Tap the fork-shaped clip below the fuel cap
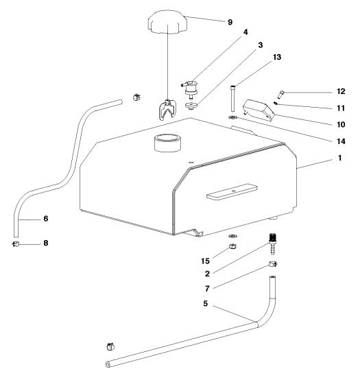click(166, 108)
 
